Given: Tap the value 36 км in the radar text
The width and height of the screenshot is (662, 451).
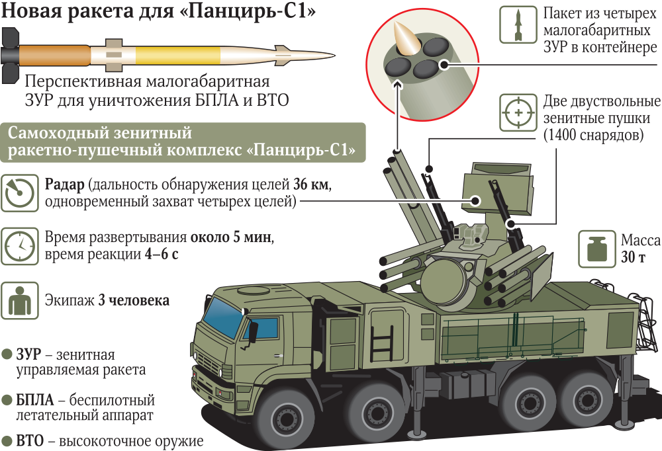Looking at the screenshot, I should coord(311,184).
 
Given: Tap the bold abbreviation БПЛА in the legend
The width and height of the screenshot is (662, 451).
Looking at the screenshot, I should coord(38,400).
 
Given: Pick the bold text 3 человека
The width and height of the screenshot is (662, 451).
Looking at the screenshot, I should coord(134,300).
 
